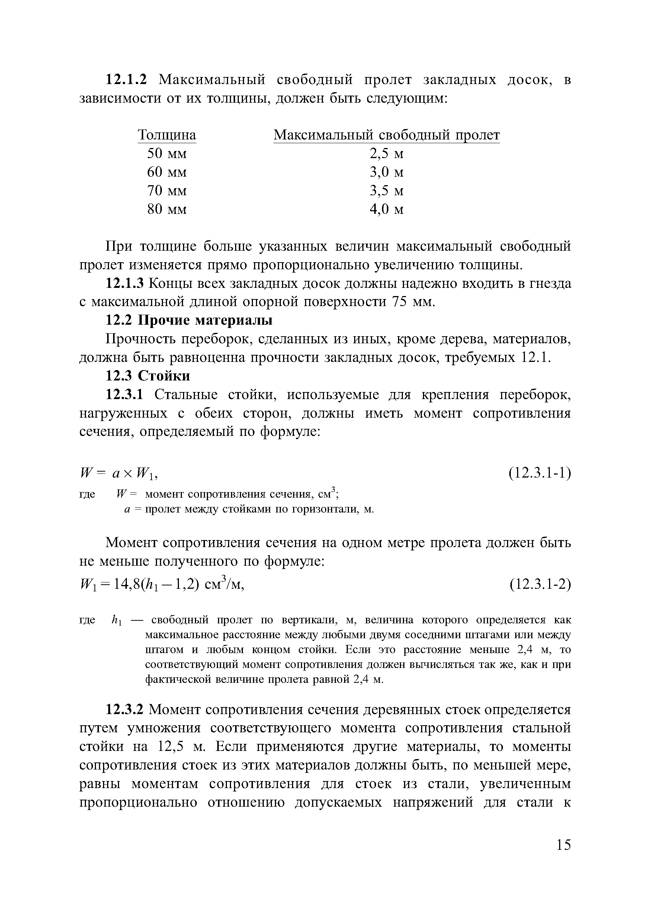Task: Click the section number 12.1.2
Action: [x=126, y=80]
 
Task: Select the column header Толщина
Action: [x=167, y=135]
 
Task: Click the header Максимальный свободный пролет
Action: [x=387, y=135]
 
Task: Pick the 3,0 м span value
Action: [x=387, y=172]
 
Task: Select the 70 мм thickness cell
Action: [x=167, y=190]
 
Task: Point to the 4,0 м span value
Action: [x=387, y=209]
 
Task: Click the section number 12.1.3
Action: [x=124, y=283]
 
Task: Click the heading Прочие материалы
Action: [x=205, y=321]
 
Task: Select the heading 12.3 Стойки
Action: [x=147, y=376]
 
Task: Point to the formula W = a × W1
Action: [x=119, y=474]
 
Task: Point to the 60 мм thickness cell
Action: [x=167, y=172]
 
